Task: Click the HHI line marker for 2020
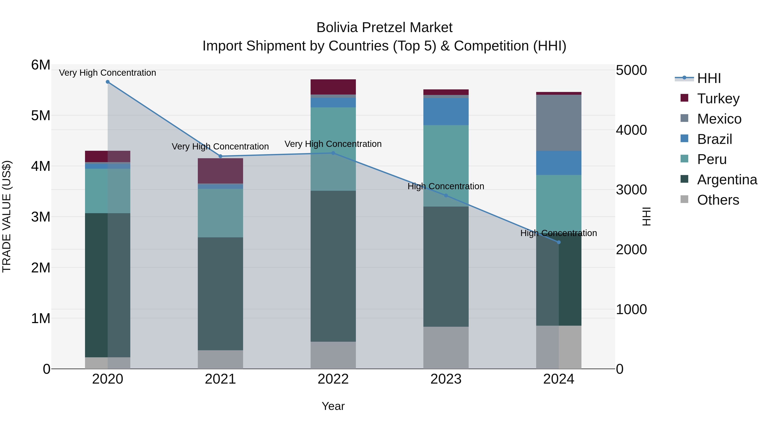click(x=108, y=82)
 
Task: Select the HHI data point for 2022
click(x=333, y=153)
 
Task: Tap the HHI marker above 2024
click(x=559, y=242)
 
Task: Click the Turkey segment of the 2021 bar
click(x=220, y=171)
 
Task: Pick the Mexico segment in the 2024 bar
click(x=559, y=123)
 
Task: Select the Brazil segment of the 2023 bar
click(x=446, y=111)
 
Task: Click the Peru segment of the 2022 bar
click(x=333, y=149)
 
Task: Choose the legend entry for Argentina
click(x=727, y=180)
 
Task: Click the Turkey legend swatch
click(x=684, y=98)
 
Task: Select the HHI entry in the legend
click(x=709, y=78)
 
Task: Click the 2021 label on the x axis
click(x=220, y=379)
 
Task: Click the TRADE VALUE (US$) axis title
click(x=7, y=216)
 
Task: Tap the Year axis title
click(x=333, y=406)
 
